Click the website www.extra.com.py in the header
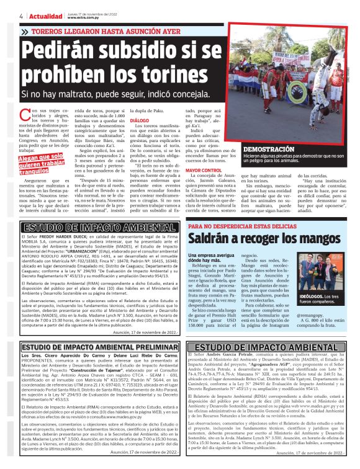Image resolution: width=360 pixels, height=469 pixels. coord(81,17)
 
